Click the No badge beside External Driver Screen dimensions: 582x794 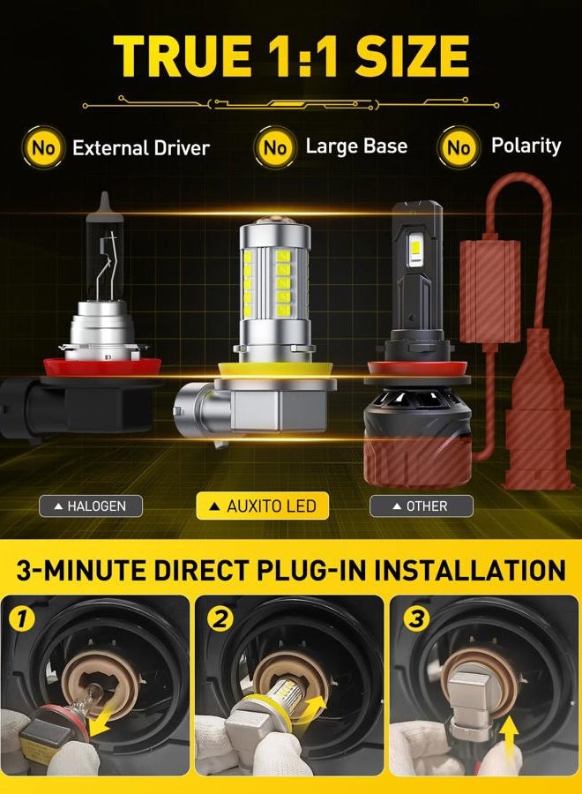click(x=43, y=148)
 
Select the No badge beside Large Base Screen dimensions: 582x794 click(x=275, y=148)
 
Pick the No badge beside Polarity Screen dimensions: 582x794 click(x=459, y=148)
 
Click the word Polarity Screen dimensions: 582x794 click(x=526, y=146)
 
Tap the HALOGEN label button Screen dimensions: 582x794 click(x=91, y=506)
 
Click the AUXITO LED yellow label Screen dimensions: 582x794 click(x=263, y=506)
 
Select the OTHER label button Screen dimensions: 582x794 click(x=422, y=506)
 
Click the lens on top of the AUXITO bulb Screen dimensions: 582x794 click(x=273, y=221)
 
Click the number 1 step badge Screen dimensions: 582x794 click(x=21, y=619)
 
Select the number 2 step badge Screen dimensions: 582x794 click(x=220, y=618)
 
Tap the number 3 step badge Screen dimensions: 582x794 click(x=416, y=618)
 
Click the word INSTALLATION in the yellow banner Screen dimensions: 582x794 click(x=470, y=570)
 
